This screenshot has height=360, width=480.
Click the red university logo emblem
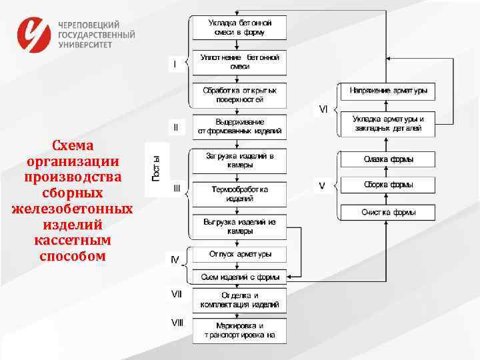point(34,34)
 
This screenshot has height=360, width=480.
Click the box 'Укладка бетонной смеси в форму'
point(239,27)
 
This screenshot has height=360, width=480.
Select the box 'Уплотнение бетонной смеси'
point(239,62)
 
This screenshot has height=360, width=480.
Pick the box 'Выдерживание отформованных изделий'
point(239,126)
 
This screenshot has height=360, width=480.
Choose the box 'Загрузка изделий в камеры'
point(239,160)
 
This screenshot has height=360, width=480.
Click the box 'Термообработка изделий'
point(239,194)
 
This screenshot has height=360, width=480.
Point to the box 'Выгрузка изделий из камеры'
point(239,226)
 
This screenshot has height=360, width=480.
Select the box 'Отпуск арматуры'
point(239,255)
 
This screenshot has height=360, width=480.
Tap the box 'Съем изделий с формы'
point(239,276)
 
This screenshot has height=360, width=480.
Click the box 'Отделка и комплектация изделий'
point(239,300)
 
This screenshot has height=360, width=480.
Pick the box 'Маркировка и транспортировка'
point(239,331)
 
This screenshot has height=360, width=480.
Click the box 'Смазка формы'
point(387,159)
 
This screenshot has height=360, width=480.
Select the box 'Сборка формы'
point(387,185)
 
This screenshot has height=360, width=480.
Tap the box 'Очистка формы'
point(387,213)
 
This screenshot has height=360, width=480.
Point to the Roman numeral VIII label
point(177,323)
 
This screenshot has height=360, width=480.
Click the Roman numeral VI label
point(323,109)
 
